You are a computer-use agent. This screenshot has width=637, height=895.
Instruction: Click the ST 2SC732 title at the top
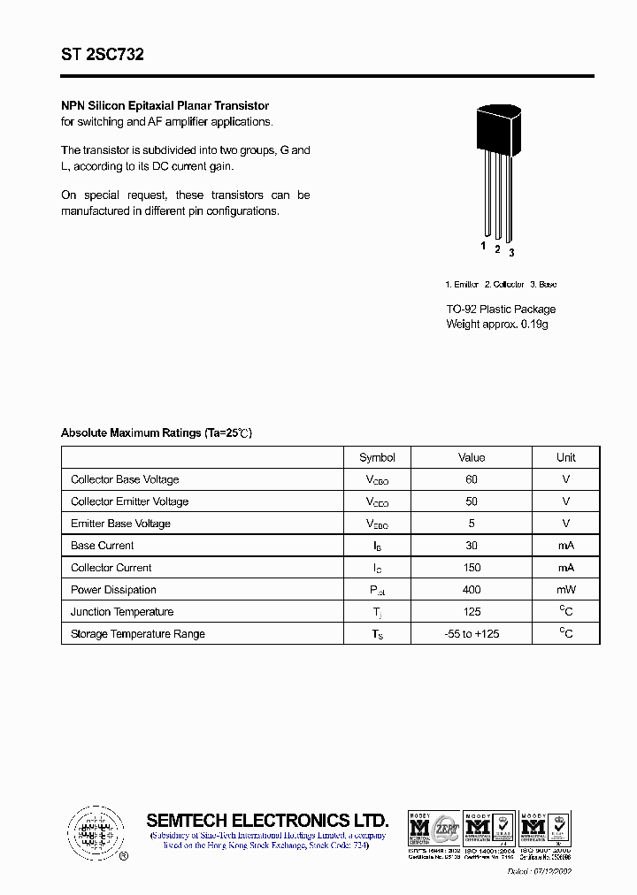pos(103,55)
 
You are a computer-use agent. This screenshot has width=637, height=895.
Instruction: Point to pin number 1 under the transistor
pos(484,246)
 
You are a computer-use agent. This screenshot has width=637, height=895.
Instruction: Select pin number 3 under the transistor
pos(511,253)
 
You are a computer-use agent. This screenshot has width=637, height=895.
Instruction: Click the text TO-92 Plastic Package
pos(501,310)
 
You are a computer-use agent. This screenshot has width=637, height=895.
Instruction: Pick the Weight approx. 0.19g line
pos(497,325)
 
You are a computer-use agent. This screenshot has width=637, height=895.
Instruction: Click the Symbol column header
pos(377,457)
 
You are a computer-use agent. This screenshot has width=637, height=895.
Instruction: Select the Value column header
pos(472,457)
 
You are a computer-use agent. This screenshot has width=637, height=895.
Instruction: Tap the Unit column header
pos(566,457)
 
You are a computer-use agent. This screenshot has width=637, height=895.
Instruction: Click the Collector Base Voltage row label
pos(125,479)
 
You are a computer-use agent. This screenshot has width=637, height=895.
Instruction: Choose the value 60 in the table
pos(472,479)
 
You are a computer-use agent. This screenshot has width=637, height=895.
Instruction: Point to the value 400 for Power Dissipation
pos(472,590)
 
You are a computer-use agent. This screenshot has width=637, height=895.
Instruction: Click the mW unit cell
pos(566,590)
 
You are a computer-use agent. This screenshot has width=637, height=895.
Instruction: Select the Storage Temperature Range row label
pos(138,634)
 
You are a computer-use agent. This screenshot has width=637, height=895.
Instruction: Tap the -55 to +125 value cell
pos(472,634)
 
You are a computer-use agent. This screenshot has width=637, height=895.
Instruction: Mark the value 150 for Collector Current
pos(472,568)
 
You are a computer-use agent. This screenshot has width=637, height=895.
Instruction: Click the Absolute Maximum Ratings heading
pos(157,433)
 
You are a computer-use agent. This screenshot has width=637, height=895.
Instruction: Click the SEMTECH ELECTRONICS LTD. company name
pos(267,820)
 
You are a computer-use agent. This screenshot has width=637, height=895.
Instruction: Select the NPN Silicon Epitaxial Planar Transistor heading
pos(165,106)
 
